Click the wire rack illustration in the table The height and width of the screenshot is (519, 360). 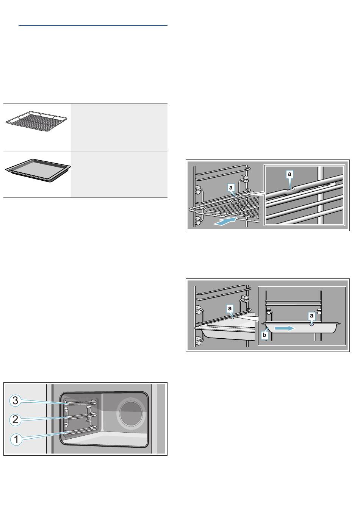point(36,122)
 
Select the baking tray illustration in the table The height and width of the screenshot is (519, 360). point(38,170)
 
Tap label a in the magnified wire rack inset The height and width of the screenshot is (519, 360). point(290,174)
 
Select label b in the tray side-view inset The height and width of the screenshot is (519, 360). point(265,335)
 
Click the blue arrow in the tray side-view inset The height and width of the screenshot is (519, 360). point(285,328)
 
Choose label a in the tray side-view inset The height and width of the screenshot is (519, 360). point(311,315)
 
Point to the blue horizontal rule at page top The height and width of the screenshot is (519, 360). point(93,25)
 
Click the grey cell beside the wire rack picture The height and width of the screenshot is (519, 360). point(119,127)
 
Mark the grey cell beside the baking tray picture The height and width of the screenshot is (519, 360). point(119,174)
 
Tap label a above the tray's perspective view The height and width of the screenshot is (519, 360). point(230,308)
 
